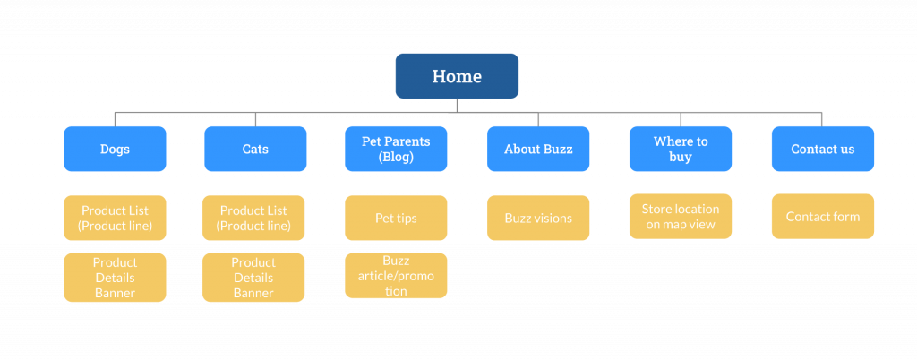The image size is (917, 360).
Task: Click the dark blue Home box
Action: pyautogui.click(x=457, y=76)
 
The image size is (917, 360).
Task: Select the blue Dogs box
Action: pyautogui.click(x=115, y=149)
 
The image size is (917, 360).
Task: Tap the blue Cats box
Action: pyautogui.click(x=255, y=149)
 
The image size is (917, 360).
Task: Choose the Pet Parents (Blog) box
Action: pyautogui.click(x=396, y=149)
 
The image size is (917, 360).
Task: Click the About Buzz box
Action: pyautogui.click(x=538, y=149)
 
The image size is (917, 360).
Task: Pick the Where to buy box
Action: pyautogui.click(x=681, y=149)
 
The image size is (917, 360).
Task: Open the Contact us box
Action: pyautogui.click(x=823, y=149)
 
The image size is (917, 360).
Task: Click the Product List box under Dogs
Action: pyautogui.click(x=115, y=218)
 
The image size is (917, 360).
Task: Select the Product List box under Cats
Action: pyautogui.click(x=253, y=218)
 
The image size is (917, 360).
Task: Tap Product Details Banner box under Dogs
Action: pyautogui.click(x=115, y=278)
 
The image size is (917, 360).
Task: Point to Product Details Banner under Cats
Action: pyautogui.click(x=253, y=278)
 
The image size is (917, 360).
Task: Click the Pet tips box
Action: pyautogui.click(x=396, y=218)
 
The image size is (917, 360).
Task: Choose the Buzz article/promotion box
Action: pyautogui.click(x=396, y=276)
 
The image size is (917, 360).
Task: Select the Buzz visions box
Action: pyautogui.click(x=538, y=218)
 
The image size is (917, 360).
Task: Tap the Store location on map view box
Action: pyautogui.click(x=681, y=216)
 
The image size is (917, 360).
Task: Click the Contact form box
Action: pyautogui.click(x=823, y=216)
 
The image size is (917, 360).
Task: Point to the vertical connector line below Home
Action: pyautogui.click(x=457, y=105)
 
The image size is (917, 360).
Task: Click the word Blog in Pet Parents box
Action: pyautogui.click(x=396, y=157)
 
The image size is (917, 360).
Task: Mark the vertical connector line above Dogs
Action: pyautogui.click(x=115, y=119)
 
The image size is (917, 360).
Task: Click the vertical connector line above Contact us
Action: pyautogui.click(x=822, y=119)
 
